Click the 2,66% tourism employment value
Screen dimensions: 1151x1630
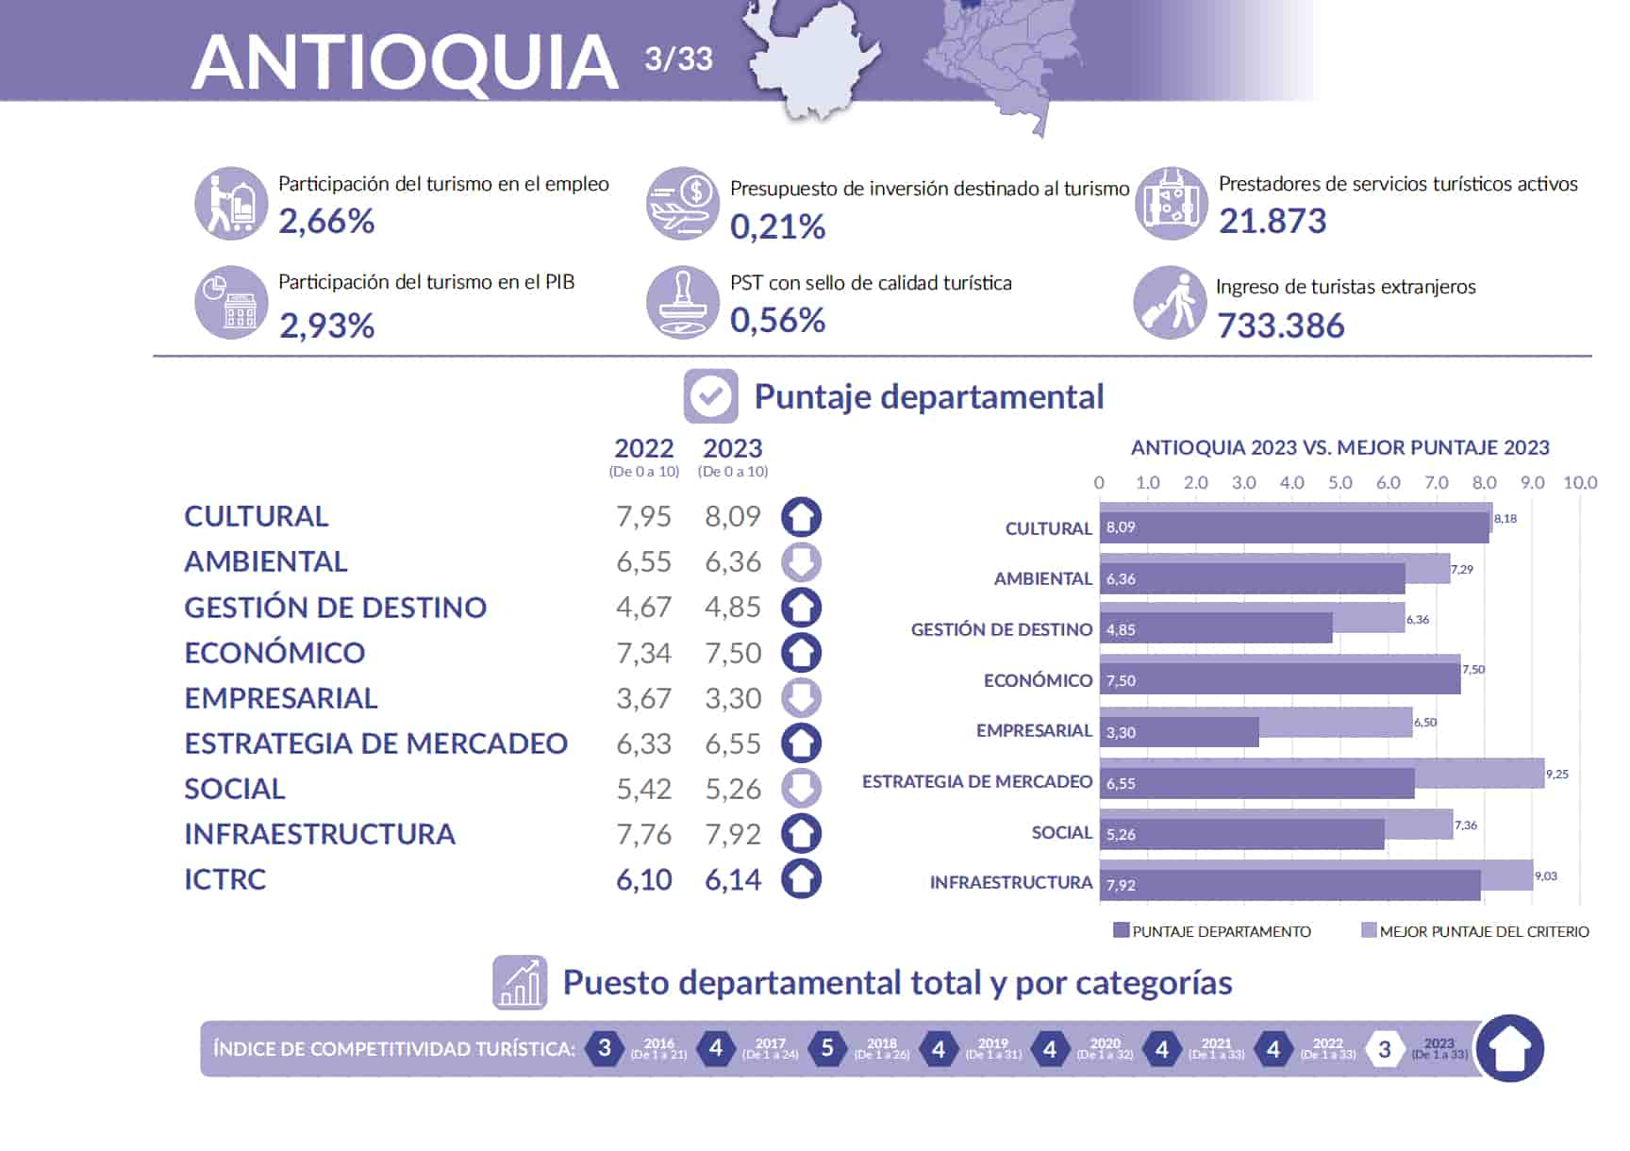(326, 222)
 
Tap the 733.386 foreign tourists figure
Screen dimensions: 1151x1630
(1280, 325)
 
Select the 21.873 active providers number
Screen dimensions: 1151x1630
(1272, 221)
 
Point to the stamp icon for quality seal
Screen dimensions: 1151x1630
(683, 302)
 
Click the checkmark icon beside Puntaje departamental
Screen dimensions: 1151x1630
(710, 396)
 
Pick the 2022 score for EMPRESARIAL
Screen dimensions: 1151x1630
(643, 698)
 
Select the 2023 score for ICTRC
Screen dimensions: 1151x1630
(733, 879)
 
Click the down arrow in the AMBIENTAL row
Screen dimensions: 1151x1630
(801, 562)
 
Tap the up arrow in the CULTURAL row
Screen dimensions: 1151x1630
(801, 517)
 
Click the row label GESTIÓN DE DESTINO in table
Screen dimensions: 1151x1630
(335, 608)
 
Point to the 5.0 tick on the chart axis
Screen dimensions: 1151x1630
(1339, 483)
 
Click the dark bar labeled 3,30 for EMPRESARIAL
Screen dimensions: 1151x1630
(1179, 732)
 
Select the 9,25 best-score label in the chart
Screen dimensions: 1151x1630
(1556, 775)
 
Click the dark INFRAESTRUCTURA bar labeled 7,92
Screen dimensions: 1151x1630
(1289, 885)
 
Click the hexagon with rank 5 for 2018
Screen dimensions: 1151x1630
(827, 1048)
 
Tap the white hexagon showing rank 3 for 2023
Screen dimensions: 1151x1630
(1384, 1049)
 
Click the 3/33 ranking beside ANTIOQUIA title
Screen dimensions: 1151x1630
(678, 58)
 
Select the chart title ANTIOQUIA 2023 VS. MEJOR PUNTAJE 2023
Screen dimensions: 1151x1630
(1339, 447)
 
